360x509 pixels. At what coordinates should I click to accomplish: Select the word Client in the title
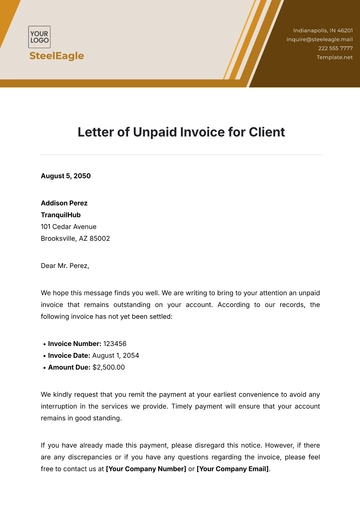(263, 131)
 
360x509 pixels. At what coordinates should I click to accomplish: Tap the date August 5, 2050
(66, 176)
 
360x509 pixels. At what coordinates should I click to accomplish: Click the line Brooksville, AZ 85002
(75, 239)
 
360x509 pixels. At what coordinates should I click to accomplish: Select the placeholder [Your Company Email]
(232, 468)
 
